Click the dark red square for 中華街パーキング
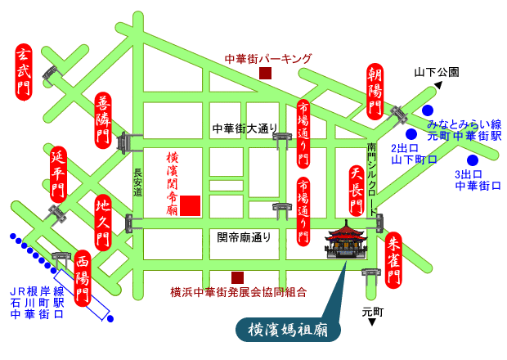(x=265, y=74)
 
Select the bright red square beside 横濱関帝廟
(x=190, y=205)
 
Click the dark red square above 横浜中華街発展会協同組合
(x=237, y=277)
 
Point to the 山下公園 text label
(x=437, y=71)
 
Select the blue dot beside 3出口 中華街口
(x=472, y=160)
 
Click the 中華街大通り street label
(x=245, y=128)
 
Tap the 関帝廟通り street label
(x=244, y=237)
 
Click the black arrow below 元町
(x=371, y=322)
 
